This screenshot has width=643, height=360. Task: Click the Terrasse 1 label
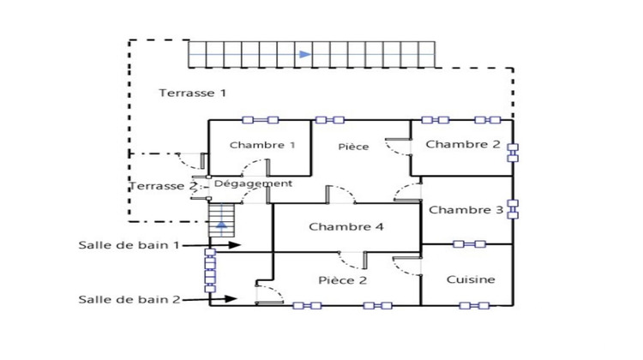[192, 93]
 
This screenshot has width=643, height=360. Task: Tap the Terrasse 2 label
[163, 186]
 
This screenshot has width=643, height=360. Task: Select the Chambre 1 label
[262, 145]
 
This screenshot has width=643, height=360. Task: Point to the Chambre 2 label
[463, 144]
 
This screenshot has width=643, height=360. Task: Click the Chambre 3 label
[466, 210]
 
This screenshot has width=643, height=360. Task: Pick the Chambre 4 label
[346, 227]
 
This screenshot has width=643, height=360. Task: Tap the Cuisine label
[471, 279]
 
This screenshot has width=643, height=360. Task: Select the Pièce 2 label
[342, 280]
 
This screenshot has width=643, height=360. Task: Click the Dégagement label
[253, 183]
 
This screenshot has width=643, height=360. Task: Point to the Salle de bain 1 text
[129, 245]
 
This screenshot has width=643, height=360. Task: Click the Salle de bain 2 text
[129, 299]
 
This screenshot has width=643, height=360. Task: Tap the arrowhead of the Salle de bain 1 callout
[234, 245]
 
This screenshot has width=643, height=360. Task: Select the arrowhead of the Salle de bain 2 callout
[231, 299]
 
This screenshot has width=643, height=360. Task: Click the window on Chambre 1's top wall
[260, 120]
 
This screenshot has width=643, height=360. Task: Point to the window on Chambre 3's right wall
[513, 209]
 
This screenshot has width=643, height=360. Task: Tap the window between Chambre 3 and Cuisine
[469, 244]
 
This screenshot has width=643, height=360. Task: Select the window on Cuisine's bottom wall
[474, 305]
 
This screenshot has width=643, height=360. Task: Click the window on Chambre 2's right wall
[513, 153]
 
